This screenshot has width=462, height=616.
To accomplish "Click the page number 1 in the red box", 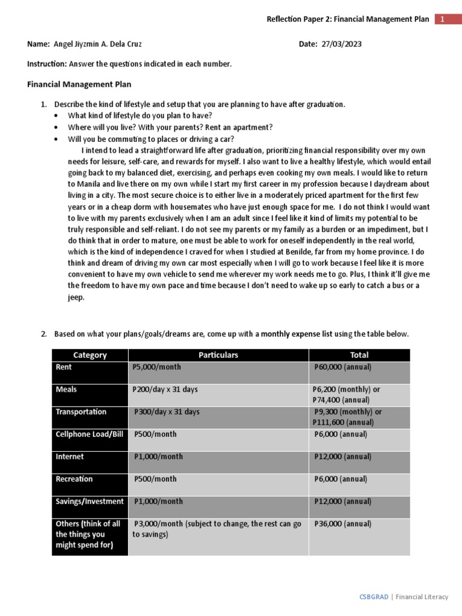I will click(442, 19).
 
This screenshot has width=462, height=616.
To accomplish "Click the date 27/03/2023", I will click(342, 45).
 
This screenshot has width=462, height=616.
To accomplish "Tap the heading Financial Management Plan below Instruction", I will click(79, 85).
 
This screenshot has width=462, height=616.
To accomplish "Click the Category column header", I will click(90, 355).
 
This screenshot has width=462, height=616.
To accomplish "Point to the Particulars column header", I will click(218, 355).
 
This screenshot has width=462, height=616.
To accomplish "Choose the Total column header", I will click(359, 355).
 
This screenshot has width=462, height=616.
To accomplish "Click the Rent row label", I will click(64, 367).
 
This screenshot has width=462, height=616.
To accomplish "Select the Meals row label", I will click(66, 389).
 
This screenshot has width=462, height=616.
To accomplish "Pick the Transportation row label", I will click(81, 412).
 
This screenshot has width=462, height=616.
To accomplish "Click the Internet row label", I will click(70, 457).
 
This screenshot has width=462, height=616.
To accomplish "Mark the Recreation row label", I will click(75, 479).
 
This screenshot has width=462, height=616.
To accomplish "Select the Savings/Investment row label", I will click(90, 502).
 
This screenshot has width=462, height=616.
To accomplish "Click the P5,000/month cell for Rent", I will click(157, 367).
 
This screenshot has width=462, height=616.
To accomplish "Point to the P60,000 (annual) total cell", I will click(343, 367).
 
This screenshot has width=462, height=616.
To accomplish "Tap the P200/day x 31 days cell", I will click(165, 389).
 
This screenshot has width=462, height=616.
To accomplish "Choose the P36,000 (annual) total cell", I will click(343, 524).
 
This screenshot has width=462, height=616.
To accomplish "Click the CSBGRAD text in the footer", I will click(374, 597).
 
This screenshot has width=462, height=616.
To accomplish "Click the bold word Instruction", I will click(46, 64).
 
